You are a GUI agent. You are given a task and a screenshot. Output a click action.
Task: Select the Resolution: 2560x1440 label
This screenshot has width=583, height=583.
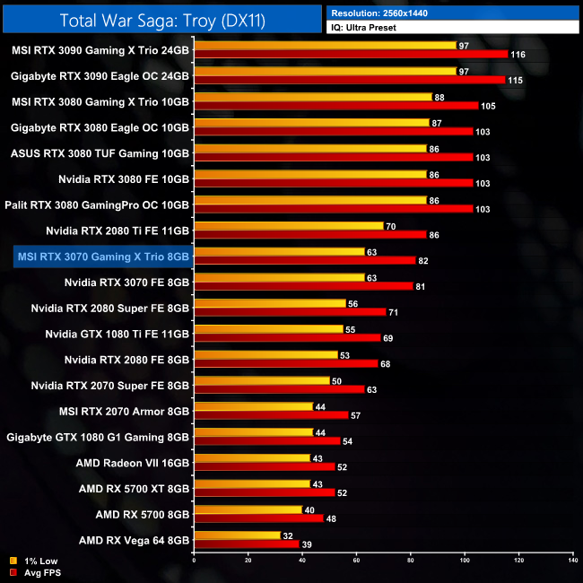pos(387,13)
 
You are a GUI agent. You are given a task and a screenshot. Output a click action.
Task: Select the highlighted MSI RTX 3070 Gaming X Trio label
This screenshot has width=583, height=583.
pos(103,257)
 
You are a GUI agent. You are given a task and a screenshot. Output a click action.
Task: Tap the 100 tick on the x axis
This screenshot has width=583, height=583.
pos(465,561)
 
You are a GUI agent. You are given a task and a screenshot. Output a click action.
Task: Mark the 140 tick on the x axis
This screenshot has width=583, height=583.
pos(572,561)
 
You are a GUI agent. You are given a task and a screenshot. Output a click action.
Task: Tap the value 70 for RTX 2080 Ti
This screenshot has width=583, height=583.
pos(390,226)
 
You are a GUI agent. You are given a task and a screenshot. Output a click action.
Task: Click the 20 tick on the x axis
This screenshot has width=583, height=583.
pos(248,561)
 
